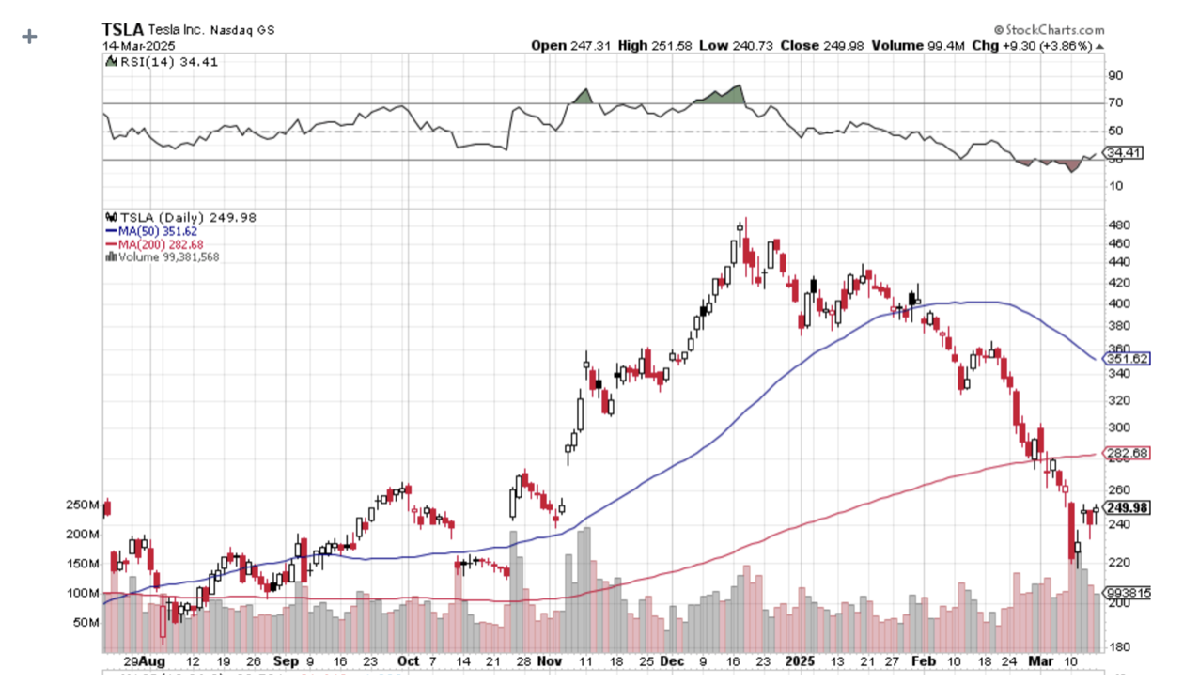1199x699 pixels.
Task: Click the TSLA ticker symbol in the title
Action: (122, 30)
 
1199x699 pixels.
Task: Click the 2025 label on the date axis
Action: (799, 661)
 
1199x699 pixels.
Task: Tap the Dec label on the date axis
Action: (672, 661)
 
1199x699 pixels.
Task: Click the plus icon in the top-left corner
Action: (30, 37)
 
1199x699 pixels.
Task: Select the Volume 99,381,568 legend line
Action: (164, 256)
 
